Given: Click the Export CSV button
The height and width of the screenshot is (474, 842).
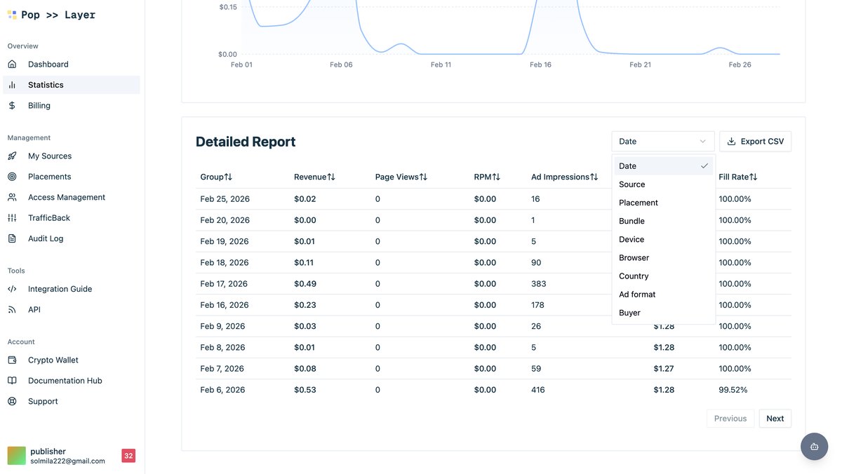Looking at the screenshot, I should tap(755, 142).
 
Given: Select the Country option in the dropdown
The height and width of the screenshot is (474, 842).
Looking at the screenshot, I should tap(634, 276).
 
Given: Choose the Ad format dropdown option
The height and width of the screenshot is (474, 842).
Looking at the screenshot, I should tap(637, 294).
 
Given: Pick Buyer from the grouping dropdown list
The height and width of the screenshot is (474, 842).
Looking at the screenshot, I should tap(629, 313).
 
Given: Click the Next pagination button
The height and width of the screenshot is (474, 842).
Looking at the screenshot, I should tap(775, 419).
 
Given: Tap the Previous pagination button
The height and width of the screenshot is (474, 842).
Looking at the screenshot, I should tap(730, 419).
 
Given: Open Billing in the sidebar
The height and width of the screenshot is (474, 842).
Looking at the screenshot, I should tap(39, 106).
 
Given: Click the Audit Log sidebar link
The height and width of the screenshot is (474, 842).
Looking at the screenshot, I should tap(46, 238).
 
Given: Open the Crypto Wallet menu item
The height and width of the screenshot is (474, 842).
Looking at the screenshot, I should tap(53, 360).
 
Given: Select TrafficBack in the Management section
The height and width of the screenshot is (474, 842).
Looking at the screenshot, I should tap(49, 218).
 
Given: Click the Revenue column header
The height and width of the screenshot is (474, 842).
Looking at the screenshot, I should tap(314, 177).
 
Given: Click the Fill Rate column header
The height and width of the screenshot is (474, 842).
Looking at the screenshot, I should tap(737, 177).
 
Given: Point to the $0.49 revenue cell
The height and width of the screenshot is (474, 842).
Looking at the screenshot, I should tap(305, 284).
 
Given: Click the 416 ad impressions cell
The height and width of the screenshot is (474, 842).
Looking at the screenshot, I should tap(537, 390).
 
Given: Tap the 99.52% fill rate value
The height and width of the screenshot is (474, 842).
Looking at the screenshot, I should tap(733, 390).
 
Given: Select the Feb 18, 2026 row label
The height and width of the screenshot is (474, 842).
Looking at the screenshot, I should tap(225, 263).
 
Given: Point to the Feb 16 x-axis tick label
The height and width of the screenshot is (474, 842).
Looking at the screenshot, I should tap(540, 65).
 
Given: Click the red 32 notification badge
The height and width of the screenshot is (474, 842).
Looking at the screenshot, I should tap(128, 456).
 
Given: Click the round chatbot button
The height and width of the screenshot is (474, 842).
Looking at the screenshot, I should tap(814, 447).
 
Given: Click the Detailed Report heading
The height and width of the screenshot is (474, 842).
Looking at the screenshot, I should tap(246, 142).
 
